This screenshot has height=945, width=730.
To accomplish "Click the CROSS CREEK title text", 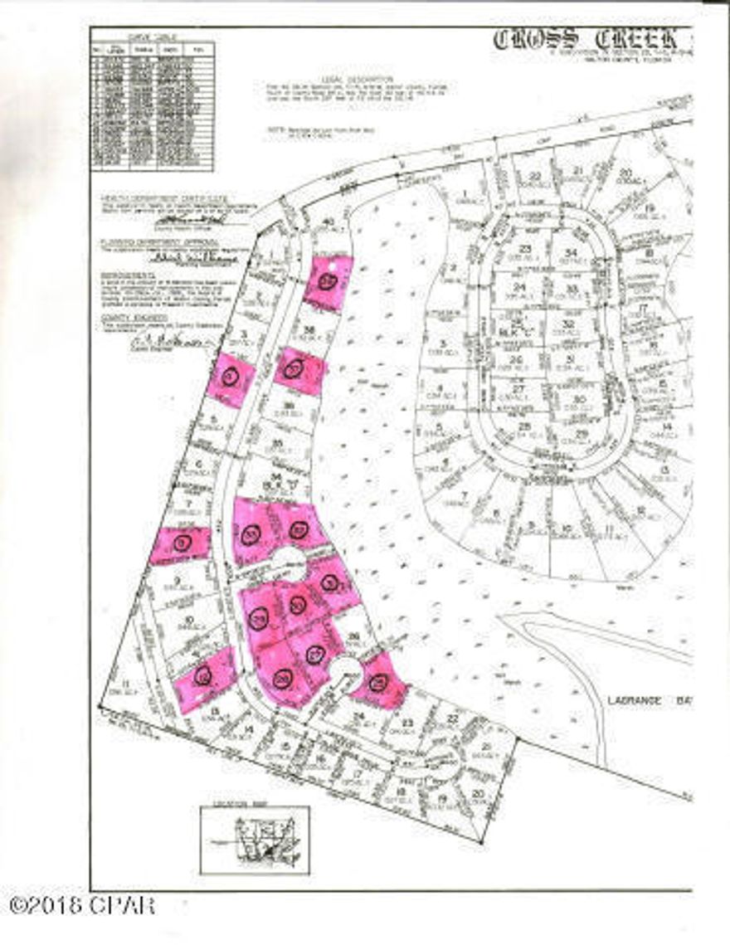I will (592, 39).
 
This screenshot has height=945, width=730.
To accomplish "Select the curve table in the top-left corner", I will (152, 105).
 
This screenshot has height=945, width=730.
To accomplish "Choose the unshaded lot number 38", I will (309, 330).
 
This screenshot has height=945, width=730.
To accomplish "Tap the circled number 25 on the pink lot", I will (379, 684).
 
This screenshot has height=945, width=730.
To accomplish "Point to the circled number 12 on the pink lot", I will (202, 678).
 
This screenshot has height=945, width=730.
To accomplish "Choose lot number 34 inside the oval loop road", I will (571, 252).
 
